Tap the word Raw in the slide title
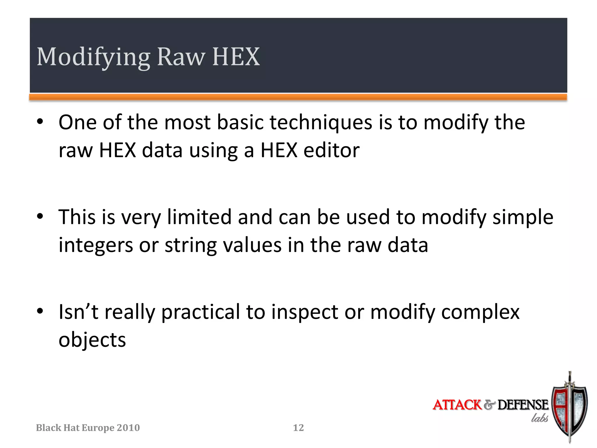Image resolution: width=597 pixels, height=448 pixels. point(181,57)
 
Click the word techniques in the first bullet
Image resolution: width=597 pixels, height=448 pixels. point(321,123)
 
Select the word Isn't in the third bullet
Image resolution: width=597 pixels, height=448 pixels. point(78,312)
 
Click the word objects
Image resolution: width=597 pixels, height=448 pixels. point(92,340)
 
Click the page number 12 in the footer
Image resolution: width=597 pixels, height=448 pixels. point(298,428)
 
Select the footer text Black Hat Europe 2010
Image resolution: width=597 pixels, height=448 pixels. point(88,428)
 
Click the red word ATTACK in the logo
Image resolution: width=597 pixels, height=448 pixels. point(457,405)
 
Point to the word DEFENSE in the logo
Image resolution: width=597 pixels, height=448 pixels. point(523,405)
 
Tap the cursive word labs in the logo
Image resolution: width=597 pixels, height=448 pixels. point(539,418)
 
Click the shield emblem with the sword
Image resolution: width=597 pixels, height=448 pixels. point(569,408)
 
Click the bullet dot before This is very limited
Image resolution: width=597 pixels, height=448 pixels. point(40,216)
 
